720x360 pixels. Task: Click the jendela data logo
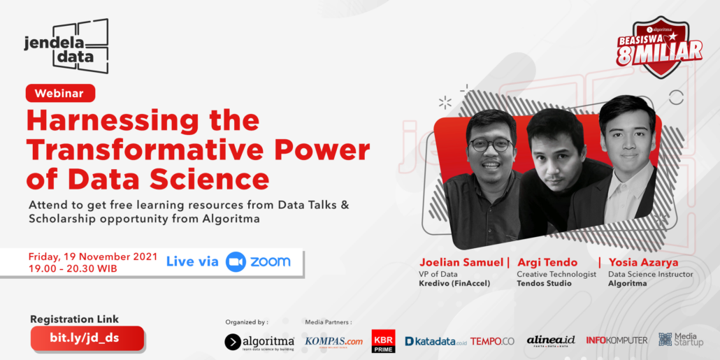[x=66, y=46]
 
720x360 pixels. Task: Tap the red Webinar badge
[x=61, y=93]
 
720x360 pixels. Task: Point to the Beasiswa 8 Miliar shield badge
[x=659, y=48]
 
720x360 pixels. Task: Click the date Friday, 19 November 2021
[x=93, y=257]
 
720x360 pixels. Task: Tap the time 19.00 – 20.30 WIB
[x=73, y=268]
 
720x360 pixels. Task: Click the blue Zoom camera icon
[x=236, y=261]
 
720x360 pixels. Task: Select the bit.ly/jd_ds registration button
[x=87, y=338]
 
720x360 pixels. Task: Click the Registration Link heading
[x=74, y=319]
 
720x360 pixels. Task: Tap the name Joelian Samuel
[x=461, y=263]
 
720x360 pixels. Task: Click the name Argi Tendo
[x=547, y=263]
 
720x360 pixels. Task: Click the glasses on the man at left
[x=490, y=145]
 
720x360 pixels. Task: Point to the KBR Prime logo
[x=384, y=341]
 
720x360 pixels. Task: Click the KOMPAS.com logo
[x=334, y=341]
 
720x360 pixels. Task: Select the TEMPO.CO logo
[x=492, y=341]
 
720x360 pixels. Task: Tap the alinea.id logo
[x=551, y=340]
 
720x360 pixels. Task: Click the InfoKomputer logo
[x=617, y=340]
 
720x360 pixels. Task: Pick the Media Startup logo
[x=681, y=340]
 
